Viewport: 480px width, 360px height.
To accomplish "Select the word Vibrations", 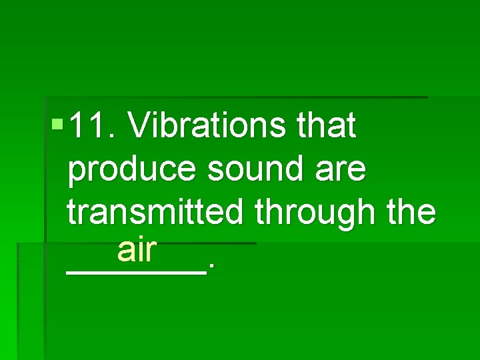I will tap(207, 125).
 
